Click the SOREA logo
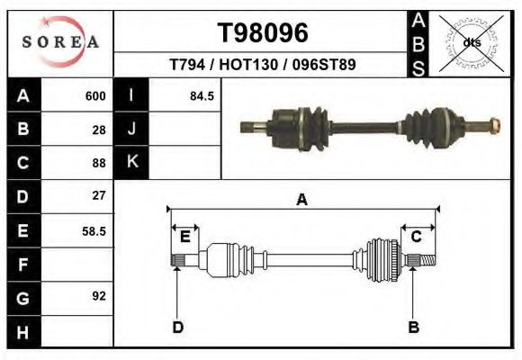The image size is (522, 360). (60, 42)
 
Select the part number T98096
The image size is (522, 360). (263, 32)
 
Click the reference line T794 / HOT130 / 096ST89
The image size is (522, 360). (263, 66)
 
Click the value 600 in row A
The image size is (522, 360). (95, 96)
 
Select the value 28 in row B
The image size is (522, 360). (99, 130)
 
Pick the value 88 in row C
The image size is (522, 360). (99, 163)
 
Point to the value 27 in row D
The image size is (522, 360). (99, 195)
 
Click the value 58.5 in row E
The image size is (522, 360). (94, 231)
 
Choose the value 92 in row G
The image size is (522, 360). (99, 295)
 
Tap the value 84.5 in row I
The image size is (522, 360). (202, 96)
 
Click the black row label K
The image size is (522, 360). (131, 162)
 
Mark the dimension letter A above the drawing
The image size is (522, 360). (302, 200)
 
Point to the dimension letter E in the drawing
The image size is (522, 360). (184, 237)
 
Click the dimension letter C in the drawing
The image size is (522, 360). (417, 237)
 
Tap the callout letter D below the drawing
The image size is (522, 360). (177, 327)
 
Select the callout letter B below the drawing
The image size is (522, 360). (414, 327)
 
